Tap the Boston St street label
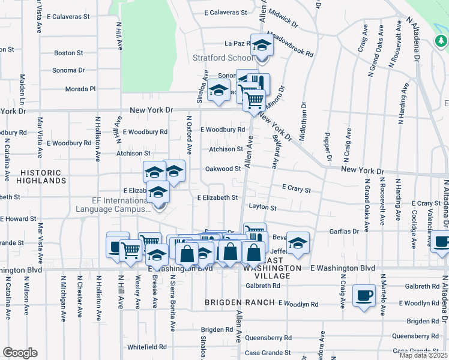click(68, 53)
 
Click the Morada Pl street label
click(80, 89)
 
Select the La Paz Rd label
click(237, 43)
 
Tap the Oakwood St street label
click(223, 169)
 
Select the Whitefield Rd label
click(146, 347)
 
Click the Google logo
click(20, 353)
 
